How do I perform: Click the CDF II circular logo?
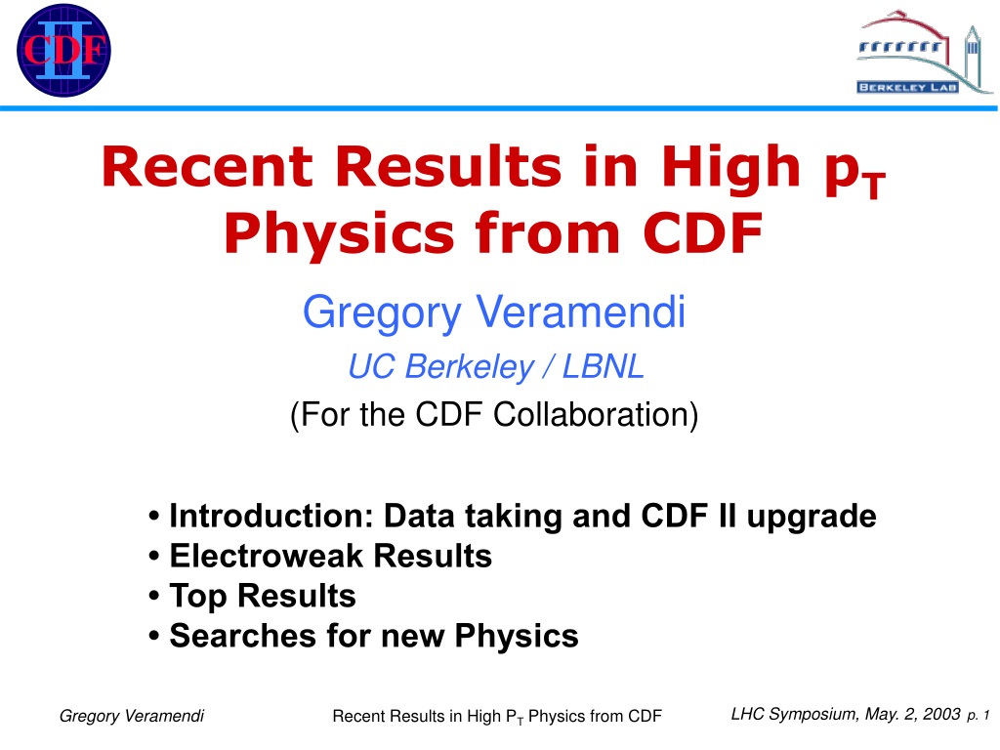point(63,51)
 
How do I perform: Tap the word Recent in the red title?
point(207,166)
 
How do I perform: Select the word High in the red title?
point(730,168)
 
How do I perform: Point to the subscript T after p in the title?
point(874,186)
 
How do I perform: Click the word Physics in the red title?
point(339,234)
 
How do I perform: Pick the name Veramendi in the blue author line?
point(580,312)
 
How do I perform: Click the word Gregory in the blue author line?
point(382,313)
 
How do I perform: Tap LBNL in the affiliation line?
point(603,367)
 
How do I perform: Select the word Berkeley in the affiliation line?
point(469,368)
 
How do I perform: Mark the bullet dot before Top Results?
point(153,597)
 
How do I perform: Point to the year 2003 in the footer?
point(941,714)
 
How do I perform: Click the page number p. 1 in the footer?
point(979,716)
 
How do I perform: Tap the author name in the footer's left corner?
point(132,716)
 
